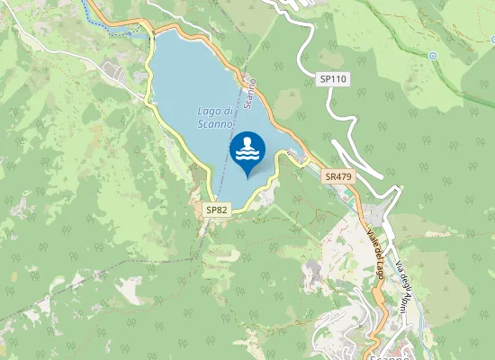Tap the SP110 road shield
333,79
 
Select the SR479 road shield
338,177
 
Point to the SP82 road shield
217,210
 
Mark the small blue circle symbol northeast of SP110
432,55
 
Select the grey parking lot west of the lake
115,69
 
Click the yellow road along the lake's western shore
180,144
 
